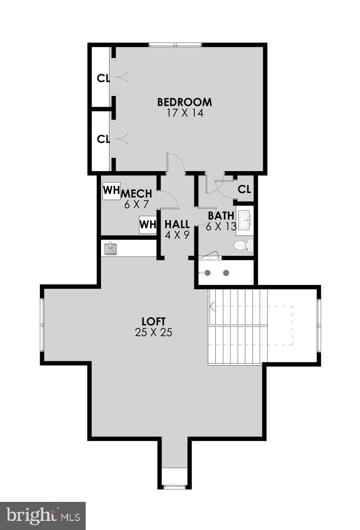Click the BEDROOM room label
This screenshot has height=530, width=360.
(x=185, y=102)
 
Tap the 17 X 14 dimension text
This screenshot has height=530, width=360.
(x=185, y=113)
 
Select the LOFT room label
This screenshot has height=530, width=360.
(x=153, y=321)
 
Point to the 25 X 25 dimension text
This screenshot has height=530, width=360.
(x=153, y=333)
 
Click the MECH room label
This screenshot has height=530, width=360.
(x=137, y=194)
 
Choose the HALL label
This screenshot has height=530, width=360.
(x=177, y=224)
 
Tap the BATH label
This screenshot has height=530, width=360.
(x=221, y=215)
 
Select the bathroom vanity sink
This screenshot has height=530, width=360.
(x=246, y=220)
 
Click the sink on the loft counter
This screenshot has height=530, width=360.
(x=111, y=248)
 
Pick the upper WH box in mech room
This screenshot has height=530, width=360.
(x=111, y=190)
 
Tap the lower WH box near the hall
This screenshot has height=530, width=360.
(x=148, y=224)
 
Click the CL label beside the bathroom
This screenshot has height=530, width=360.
(x=244, y=189)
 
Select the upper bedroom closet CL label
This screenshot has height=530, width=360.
(x=103, y=78)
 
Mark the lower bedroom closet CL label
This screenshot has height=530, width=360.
(x=103, y=139)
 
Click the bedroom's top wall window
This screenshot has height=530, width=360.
(x=176, y=45)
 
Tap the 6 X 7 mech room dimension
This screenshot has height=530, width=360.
(x=137, y=204)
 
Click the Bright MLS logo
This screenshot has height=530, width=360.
(x=42, y=516)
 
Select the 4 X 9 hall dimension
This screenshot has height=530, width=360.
(x=177, y=234)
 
